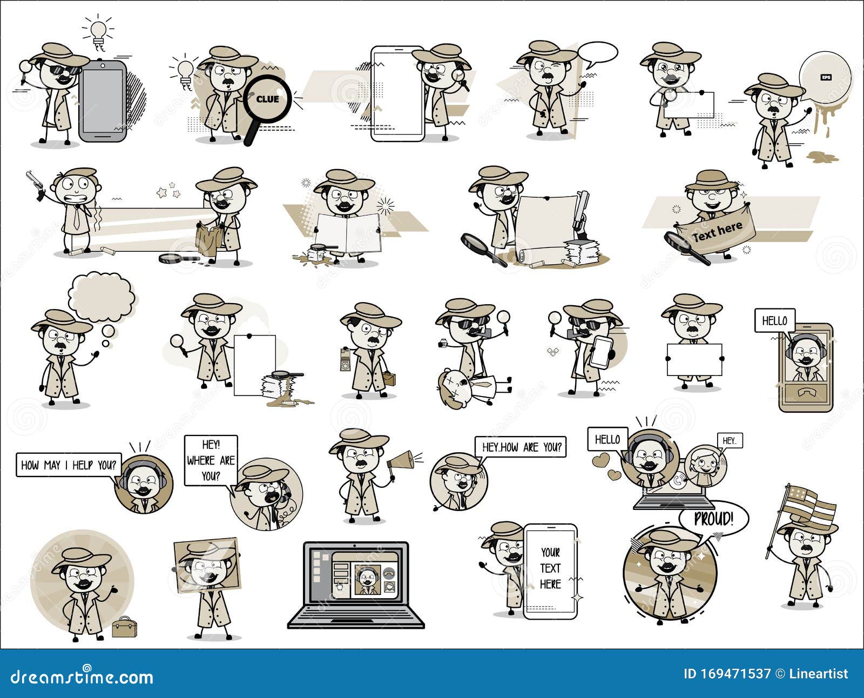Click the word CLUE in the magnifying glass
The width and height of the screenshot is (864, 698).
point(267,99)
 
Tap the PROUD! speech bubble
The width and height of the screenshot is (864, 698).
point(713,519)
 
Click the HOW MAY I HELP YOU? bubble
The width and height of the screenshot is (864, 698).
point(69,465)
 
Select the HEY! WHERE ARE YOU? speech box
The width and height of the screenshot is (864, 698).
point(211,460)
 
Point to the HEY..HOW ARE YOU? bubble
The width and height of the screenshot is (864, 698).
point(521,447)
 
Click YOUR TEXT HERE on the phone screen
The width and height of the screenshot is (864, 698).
point(550,568)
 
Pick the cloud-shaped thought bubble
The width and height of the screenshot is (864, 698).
point(102,298)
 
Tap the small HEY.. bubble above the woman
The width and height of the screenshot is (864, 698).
point(729,441)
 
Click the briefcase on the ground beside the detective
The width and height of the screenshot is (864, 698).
point(124,627)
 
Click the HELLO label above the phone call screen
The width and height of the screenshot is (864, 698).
point(774,320)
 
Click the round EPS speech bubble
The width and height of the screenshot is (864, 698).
point(824,78)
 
